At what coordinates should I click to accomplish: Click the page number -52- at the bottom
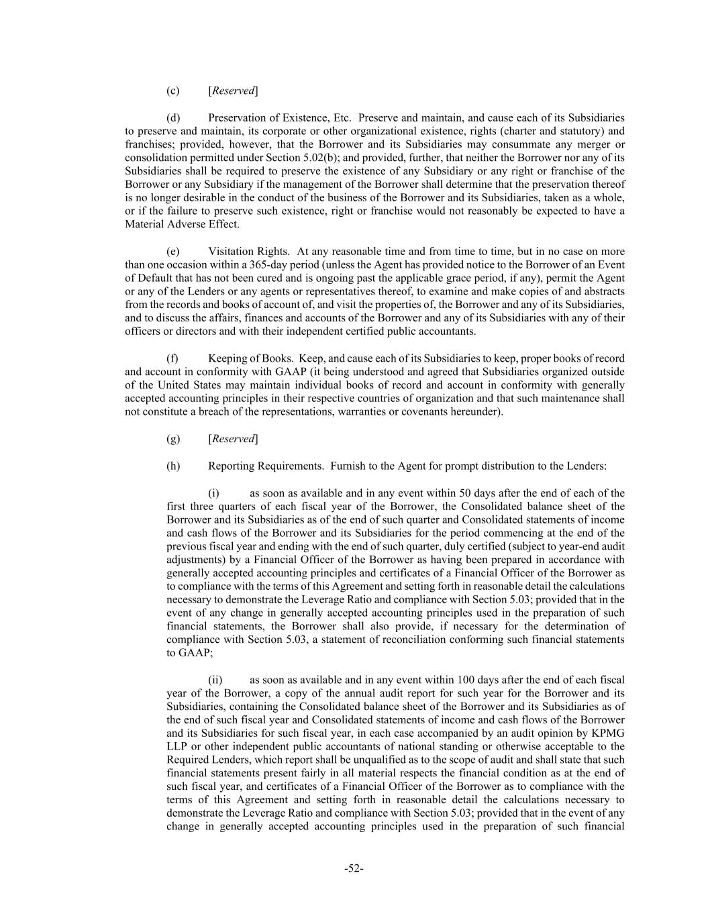[354, 868]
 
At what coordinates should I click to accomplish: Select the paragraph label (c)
[172, 91]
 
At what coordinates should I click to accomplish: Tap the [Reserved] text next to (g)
[233, 439]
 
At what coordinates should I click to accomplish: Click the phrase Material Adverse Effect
[172, 224]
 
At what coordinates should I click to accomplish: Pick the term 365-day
[268, 264]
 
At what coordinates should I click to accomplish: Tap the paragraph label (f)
[172, 358]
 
